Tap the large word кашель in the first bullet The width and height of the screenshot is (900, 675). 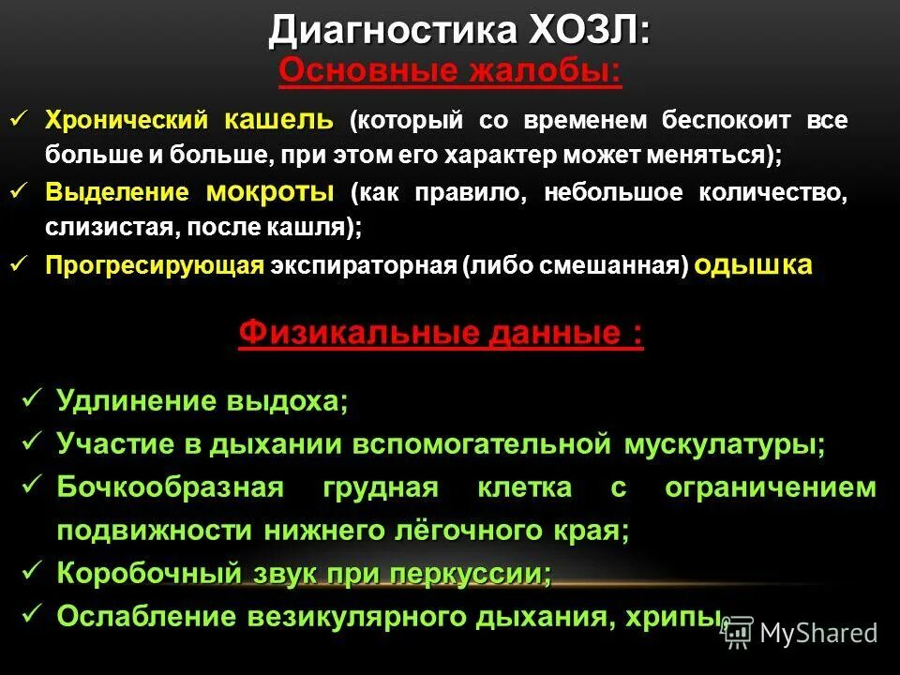(x=277, y=120)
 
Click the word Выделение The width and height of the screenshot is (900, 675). (x=117, y=194)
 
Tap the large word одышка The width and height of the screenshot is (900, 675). (x=754, y=265)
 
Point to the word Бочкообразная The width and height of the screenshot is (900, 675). (x=170, y=487)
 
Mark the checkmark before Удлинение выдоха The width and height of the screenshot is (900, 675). (x=32, y=398)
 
